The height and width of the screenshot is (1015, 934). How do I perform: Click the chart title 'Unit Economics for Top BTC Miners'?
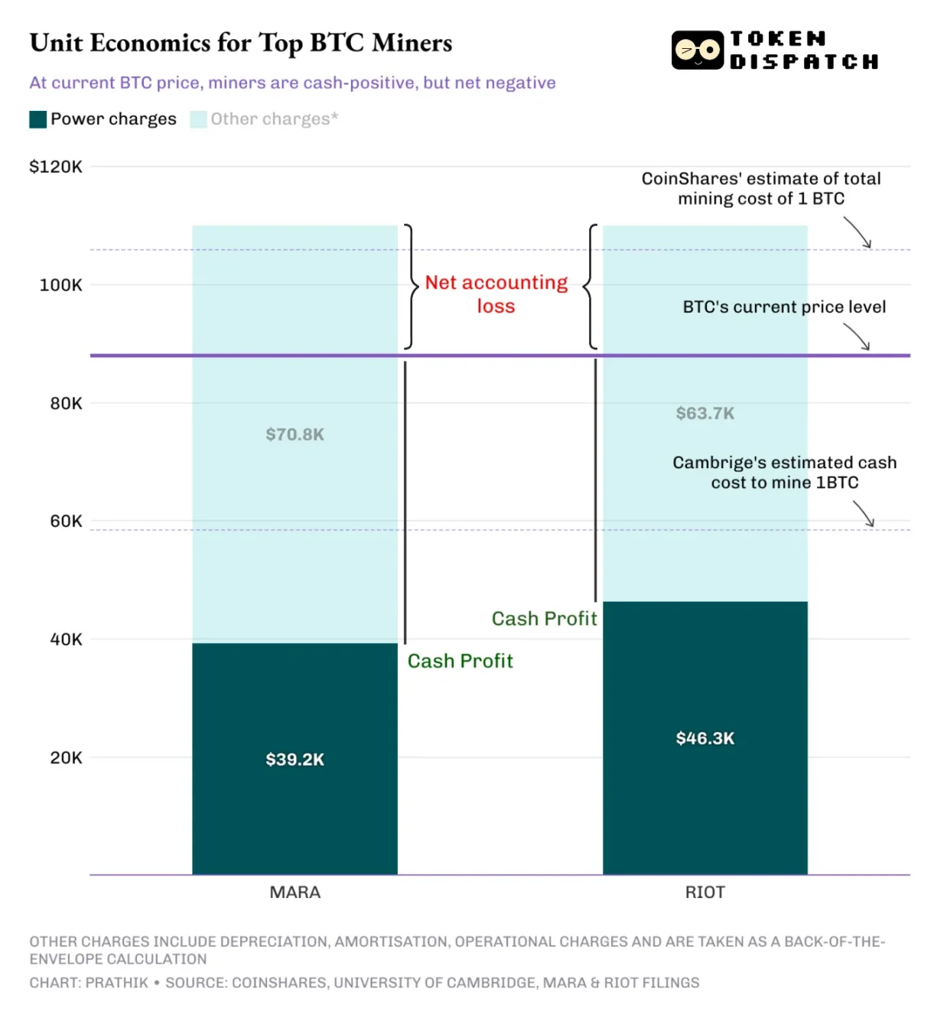click(241, 43)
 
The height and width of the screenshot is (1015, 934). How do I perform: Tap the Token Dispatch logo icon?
click(697, 50)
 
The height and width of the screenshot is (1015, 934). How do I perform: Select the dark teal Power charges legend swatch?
click(38, 119)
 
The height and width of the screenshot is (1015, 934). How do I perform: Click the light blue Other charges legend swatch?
click(198, 119)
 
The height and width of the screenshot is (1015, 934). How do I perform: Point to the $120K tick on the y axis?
click(56, 167)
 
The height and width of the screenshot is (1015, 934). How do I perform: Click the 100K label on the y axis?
click(60, 285)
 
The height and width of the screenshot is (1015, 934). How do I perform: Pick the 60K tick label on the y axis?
click(66, 521)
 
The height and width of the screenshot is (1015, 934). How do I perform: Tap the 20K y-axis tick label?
click(66, 757)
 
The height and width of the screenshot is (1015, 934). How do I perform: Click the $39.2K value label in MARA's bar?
click(295, 760)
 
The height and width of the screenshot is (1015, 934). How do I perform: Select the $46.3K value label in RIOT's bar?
click(705, 738)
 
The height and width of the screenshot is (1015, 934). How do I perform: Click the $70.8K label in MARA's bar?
click(295, 434)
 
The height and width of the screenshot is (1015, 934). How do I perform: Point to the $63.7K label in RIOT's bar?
click(705, 414)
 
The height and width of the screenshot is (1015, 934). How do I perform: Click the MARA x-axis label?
click(295, 892)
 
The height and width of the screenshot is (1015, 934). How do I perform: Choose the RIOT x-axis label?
click(705, 892)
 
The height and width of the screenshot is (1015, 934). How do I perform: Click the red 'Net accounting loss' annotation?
click(496, 294)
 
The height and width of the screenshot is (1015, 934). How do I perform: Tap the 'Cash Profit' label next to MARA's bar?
click(460, 661)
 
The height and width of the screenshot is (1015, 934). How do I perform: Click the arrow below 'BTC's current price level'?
click(858, 337)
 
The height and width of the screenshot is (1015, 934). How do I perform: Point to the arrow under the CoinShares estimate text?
click(858, 233)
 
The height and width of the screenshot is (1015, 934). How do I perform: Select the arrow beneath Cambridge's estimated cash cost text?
click(864, 514)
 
